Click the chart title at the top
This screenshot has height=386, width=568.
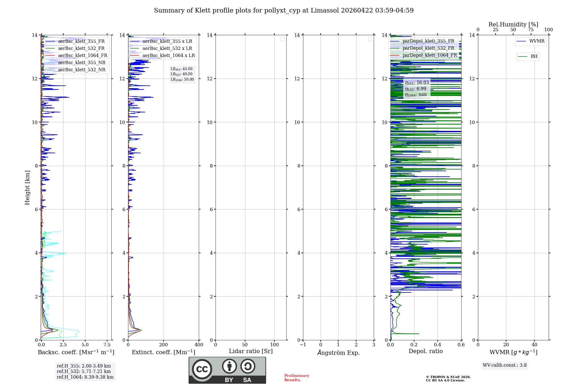[284, 11]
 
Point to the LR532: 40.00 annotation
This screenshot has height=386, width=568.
[181, 74]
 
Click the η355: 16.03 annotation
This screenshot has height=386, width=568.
[417, 83]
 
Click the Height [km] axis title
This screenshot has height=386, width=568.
[27, 188]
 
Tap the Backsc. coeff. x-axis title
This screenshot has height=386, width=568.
[76, 352]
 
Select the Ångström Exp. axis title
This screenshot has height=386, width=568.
[339, 353]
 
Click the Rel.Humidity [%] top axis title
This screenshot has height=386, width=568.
[513, 24]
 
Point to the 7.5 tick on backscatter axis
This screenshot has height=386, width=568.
[107, 345]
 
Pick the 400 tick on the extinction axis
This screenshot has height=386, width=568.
[199, 345]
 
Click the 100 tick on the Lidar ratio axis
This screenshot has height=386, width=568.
[274, 345]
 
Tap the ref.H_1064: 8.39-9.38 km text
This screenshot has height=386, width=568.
[85, 377]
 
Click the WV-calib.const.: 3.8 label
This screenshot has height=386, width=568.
[505, 365]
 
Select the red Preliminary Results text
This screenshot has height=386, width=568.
[296, 378]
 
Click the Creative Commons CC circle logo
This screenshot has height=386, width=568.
[202, 369]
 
